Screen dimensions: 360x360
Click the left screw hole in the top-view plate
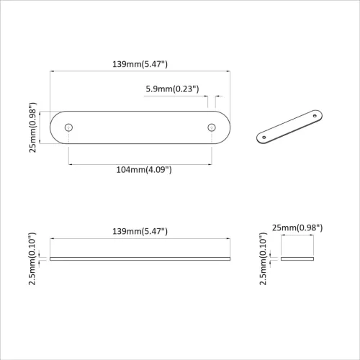point(69,127)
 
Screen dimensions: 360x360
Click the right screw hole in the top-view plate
point(212,127)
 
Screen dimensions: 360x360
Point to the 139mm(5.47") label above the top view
point(140,64)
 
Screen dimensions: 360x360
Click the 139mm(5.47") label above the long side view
point(140,230)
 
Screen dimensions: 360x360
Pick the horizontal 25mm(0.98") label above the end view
point(298,228)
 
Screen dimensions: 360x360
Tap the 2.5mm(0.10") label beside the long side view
point(32,258)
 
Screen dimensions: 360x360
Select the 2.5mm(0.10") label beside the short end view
point(265,258)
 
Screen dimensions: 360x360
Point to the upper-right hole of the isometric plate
point(314,114)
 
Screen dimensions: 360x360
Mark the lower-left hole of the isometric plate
point(264,137)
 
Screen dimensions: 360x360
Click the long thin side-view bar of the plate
point(140,258)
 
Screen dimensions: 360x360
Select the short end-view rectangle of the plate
point(298,258)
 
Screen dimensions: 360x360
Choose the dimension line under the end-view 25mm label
point(298,237)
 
